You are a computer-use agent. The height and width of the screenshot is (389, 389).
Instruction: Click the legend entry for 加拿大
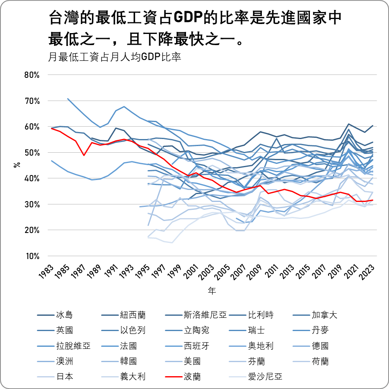(x=324, y=315)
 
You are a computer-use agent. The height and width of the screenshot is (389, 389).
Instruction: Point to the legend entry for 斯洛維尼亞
(x=205, y=315)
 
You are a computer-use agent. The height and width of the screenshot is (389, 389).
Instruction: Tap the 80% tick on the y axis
(x=32, y=75)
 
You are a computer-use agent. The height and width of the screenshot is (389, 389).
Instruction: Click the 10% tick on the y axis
(x=32, y=256)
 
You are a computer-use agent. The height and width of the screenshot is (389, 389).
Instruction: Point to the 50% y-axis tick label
(x=32, y=153)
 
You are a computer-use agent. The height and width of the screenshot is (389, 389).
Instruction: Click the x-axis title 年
(x=212, y=291)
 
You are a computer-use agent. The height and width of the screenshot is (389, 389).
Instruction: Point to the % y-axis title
(x=17, y=165)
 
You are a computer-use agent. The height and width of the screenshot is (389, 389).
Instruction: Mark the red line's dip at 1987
(x=84, y=155)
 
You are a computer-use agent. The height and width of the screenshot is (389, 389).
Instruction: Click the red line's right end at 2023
(x=373, y=200)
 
